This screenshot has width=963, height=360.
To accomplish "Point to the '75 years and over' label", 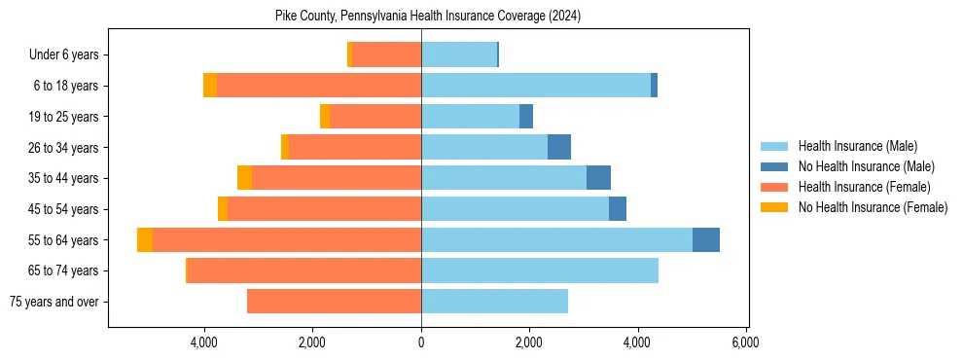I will tap(53, 302).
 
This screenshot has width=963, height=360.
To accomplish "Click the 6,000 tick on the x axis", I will tap(746, 342).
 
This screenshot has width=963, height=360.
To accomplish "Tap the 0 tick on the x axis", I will tap(421, 342).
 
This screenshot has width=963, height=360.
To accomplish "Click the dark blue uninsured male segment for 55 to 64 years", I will tap(706, 240).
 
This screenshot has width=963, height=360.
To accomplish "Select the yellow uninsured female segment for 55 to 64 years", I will tap(145, 240).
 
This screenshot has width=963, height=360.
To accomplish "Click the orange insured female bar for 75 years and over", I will tap(334, 302).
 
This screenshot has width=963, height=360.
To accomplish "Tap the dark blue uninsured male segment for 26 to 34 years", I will tap(559, 148).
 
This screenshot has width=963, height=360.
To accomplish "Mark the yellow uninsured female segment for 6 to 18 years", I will tap(210, 86).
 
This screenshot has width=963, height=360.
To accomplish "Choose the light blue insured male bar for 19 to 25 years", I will tap(470, 117).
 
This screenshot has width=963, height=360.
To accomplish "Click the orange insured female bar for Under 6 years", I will tap(386, 55).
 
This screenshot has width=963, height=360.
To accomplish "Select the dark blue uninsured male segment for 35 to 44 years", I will tap(598, 178).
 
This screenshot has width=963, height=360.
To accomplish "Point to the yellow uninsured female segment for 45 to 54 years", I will tap(223, 209).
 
